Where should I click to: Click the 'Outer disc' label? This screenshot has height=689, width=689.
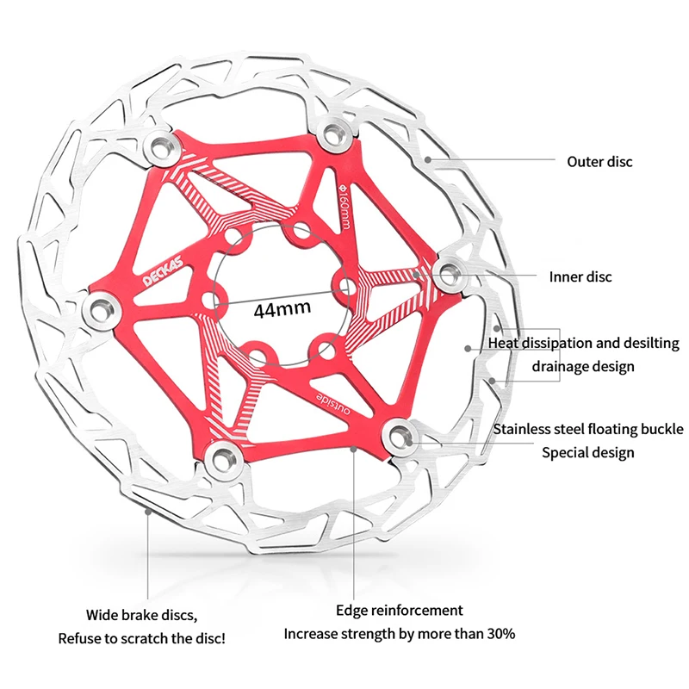point(599,161)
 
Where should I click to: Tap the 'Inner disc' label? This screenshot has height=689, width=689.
point(580,276)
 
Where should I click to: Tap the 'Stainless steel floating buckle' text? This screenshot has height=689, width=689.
point(588,429)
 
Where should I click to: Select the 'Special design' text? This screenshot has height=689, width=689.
point(588,452)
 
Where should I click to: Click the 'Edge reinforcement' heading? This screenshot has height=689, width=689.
point(400,610)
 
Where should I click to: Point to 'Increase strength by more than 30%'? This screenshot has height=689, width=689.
point(400,634)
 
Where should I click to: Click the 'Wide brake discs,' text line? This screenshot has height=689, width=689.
point(141,615)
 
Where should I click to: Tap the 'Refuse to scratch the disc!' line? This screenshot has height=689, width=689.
point(141,639)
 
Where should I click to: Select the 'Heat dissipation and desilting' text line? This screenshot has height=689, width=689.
point(584,343)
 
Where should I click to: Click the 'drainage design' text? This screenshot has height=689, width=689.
point(583,366)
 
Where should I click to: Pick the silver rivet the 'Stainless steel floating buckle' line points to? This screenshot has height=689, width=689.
point(399,432)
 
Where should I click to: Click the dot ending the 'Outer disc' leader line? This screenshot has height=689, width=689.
point(427,160)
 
